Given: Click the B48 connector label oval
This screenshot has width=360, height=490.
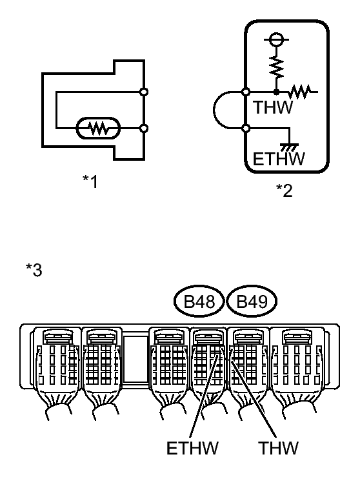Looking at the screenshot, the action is [174, 301].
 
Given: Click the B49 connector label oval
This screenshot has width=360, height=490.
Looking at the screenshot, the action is [226, 301].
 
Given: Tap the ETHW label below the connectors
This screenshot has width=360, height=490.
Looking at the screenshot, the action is [192, 448].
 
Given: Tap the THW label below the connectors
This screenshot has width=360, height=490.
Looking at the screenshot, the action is [278, 448].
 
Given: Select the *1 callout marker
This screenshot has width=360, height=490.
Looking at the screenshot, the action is [90, 181].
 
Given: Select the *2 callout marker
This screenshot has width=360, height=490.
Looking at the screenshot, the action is [284, 190].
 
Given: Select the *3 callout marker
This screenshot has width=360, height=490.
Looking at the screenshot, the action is [34, 270].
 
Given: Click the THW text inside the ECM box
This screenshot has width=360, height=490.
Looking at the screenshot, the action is [273, 108].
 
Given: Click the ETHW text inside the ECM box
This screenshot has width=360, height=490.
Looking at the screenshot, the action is [279, 159].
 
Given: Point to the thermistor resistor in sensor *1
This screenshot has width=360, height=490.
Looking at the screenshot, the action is [98, 128].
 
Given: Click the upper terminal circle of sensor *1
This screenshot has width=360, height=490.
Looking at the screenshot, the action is [144, 92].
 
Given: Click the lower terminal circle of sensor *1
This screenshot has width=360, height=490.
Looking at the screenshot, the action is [144, 128].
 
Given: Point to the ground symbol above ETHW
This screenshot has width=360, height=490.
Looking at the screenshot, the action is [290, 147].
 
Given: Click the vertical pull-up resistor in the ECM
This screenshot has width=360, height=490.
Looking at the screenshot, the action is [276, 66].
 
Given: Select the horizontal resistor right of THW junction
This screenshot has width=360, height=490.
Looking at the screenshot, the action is [299, 92].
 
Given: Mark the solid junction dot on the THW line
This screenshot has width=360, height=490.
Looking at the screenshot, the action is [276, 92].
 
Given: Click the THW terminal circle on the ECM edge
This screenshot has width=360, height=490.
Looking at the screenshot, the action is [246, 92].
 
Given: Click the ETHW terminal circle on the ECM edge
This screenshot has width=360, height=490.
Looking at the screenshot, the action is [246, 128].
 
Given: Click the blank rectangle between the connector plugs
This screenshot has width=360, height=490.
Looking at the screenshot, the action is [135, 360].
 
